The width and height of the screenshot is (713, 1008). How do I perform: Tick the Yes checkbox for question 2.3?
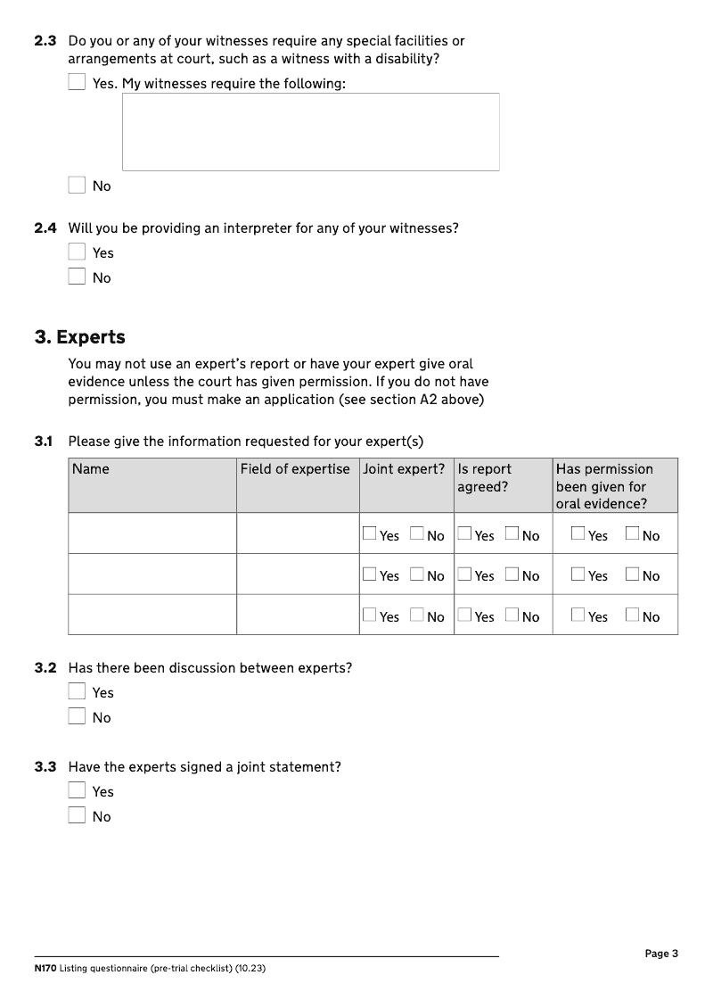coord(77,83)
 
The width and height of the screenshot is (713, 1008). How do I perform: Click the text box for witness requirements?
coord(310,132)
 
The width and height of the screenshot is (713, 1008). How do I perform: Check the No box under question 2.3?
coord(77,186)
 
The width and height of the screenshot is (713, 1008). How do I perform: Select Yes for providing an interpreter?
coord(77,252)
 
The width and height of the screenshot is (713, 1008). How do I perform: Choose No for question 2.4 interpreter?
coord(77,277)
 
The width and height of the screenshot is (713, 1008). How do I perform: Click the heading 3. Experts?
coord(80,337)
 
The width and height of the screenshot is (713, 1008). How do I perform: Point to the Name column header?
coord(91,469)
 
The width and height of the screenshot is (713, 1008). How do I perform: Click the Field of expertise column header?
coord(295,469)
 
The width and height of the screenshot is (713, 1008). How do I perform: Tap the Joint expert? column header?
coord(404,469)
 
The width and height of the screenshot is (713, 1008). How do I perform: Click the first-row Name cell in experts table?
coord(152,533)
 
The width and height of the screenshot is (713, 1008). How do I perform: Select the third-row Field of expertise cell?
coord(298,615)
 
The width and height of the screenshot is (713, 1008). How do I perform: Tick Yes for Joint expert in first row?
coord(370,534)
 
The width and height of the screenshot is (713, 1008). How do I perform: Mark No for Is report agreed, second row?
coord(512,574)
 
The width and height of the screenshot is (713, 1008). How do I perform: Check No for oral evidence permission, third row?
coord(632,616)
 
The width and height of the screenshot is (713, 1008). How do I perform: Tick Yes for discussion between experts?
coord(77,692)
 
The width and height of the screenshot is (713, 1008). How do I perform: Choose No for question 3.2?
coord(77,717)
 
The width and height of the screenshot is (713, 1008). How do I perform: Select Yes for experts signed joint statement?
coord(77,791)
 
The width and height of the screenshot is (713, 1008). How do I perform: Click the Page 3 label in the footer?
coord(661,954)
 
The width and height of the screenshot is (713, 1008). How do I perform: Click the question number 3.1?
coord(45,442)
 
